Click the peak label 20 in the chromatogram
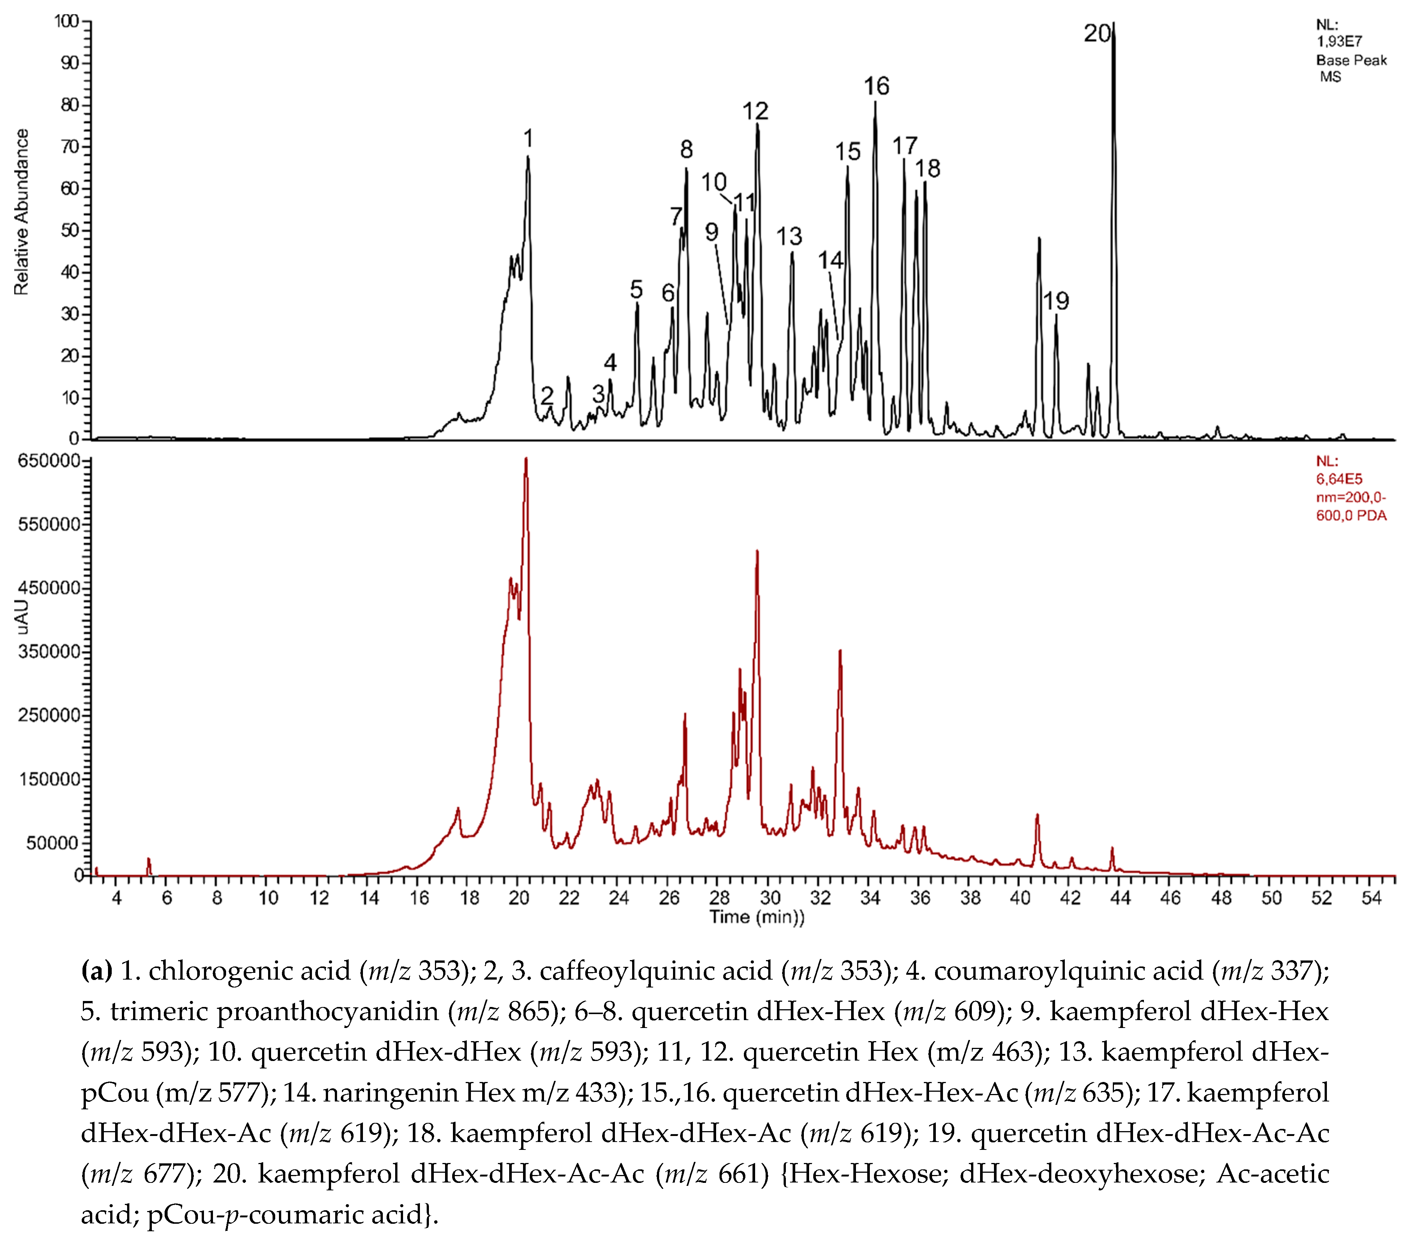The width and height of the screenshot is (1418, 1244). click(x=1097, y=33)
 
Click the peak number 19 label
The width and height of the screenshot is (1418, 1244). click(x=1056, y=301)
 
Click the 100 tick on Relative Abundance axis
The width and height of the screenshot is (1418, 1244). click(x=67, y=21)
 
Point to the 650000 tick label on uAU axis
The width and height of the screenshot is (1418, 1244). click(x=49, y=461)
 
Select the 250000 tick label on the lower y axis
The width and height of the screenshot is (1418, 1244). click(x=49, y=715)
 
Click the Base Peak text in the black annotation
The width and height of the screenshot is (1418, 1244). click(x=1351, y=60)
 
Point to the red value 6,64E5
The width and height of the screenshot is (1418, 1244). click(x=1339, y=479)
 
